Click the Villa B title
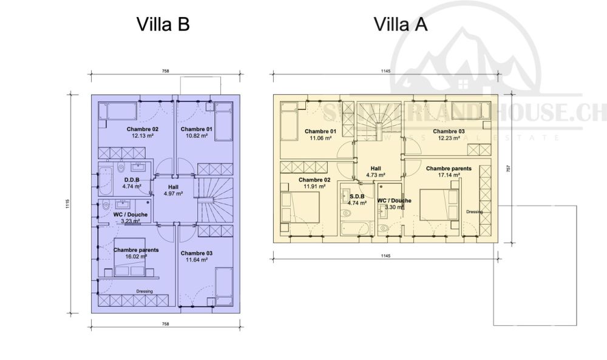(163, 24)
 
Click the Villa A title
(400, 24)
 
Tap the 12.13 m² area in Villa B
(143, 137)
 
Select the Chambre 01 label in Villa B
(196, 129)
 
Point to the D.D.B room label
(132, 180)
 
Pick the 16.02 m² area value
(136, 257)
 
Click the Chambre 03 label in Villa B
(197, 253)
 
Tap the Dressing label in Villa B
(144, 291)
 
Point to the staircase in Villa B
(215, 197)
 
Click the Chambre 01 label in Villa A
(320, 132)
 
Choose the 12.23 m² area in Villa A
(449, 138)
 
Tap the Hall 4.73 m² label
(376, 171)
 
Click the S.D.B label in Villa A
(357, 196)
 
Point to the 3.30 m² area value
(394, 207)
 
